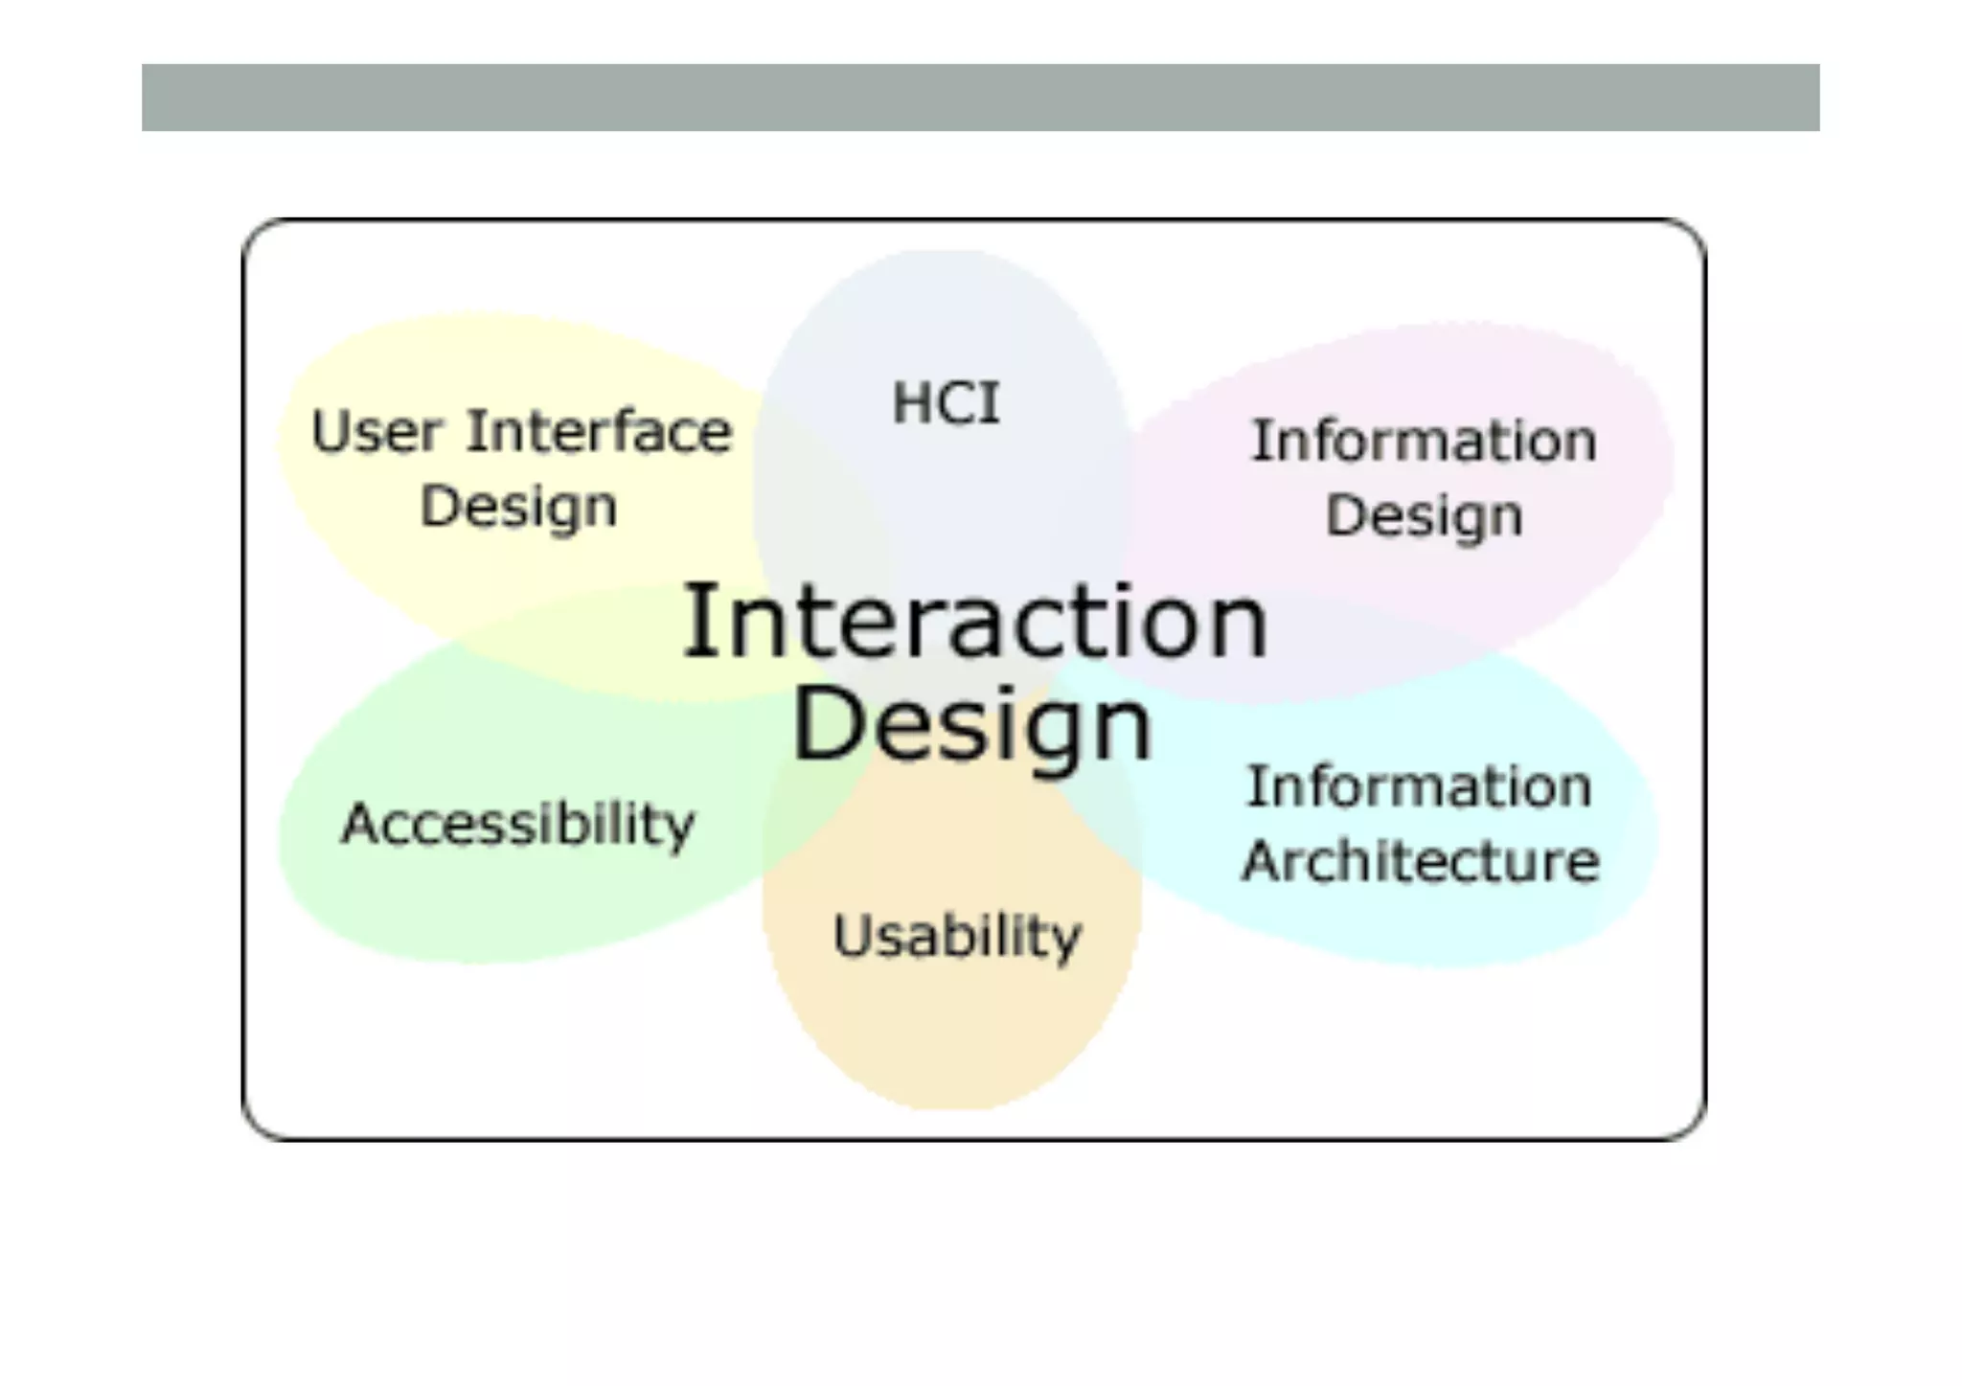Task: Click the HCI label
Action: click(x=947, y=402)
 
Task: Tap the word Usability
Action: click(x=957, y=936)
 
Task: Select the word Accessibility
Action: click(x=517, y=825)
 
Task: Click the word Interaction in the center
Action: click(x=975, y=623)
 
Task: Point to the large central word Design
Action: click(x=972, y=725)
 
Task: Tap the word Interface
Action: click(x=600, y=431)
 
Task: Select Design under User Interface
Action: click(x=518, y=507)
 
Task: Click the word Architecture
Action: click(x=1421, y=861)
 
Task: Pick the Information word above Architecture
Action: click(x=1419, y=787)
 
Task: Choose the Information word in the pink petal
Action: click(x=1425, y=442)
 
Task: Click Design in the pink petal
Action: click(x=1425, y=517)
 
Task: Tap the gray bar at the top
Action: click(x=980, y=98)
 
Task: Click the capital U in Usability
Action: click(x=850, y=935)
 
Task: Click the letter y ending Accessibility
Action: click(x=680, y=829)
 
